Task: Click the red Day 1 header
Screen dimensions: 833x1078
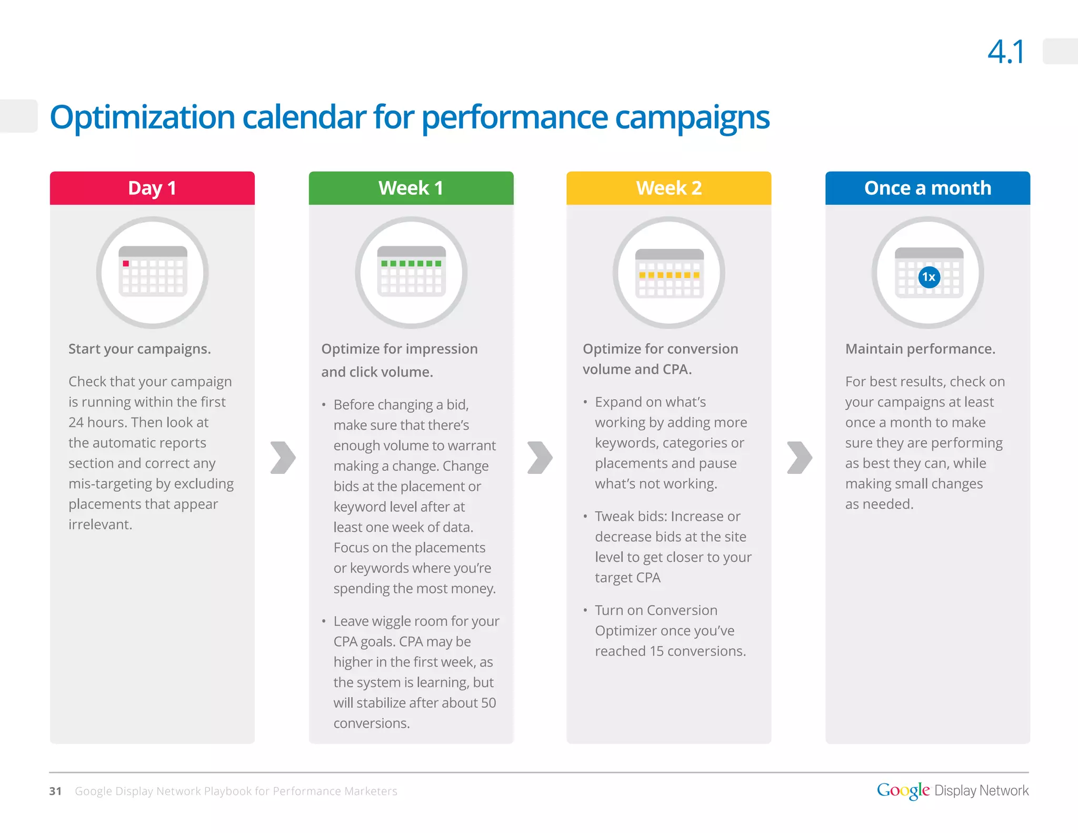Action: point(152,188)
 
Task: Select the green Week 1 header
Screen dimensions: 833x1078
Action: point(411,188)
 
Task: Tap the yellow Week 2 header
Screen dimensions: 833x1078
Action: point(668,188)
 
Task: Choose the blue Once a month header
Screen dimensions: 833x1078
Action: point(927,188)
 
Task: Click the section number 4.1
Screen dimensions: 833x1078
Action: point(1006,52)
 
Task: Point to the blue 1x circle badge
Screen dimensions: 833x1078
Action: point(929,277)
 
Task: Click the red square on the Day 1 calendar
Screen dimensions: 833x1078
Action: point(126,263)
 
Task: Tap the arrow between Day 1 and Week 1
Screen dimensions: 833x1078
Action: point(283,457)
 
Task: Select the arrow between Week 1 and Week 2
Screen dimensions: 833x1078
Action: point(540,457)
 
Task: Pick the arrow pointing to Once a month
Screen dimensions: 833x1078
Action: point(800,457)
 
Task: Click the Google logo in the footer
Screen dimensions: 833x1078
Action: point(903,790)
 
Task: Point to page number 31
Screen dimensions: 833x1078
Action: point(55,791)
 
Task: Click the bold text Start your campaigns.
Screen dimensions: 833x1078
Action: point(139,349)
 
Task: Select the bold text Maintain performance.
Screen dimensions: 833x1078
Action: point(920,349)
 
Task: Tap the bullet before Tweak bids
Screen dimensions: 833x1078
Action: point(585,517)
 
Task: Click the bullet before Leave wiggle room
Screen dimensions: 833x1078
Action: point(324,621)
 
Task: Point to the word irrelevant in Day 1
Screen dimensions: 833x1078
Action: point(100,524)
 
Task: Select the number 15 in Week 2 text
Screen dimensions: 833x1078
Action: point(656,651)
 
